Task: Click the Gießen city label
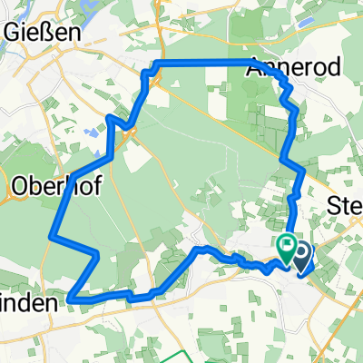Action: [x=41, y=32]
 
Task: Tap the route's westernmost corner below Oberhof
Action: [x=50, y=237]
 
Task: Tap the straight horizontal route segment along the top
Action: [x=209, y=62]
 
